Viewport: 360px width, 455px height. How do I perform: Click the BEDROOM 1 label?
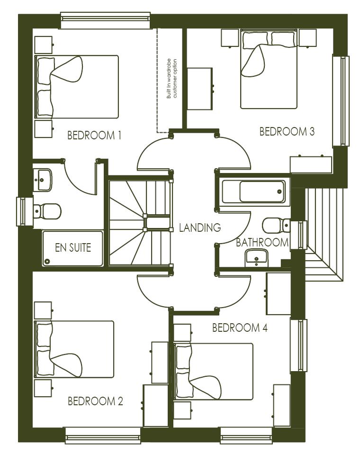[x=95, y=136]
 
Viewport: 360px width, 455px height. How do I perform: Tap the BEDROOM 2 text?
[x=95, y=401]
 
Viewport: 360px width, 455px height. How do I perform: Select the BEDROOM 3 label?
[x=287, y=132]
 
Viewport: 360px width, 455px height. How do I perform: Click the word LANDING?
[x=200, y=227]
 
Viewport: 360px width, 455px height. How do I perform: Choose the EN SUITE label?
[x=72, y=247]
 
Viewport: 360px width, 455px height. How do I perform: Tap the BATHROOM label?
[x=262, y=243]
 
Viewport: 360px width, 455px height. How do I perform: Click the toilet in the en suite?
[x=47, y=211]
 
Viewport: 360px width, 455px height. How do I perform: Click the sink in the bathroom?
[x=256, y=257]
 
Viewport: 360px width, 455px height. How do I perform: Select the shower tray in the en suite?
[x=72, y=248]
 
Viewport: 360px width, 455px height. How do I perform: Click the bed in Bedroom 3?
[x=268, y=69]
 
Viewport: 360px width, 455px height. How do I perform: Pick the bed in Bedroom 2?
[x=75, y=349]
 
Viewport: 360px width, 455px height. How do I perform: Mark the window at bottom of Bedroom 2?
[x=103, y=435]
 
